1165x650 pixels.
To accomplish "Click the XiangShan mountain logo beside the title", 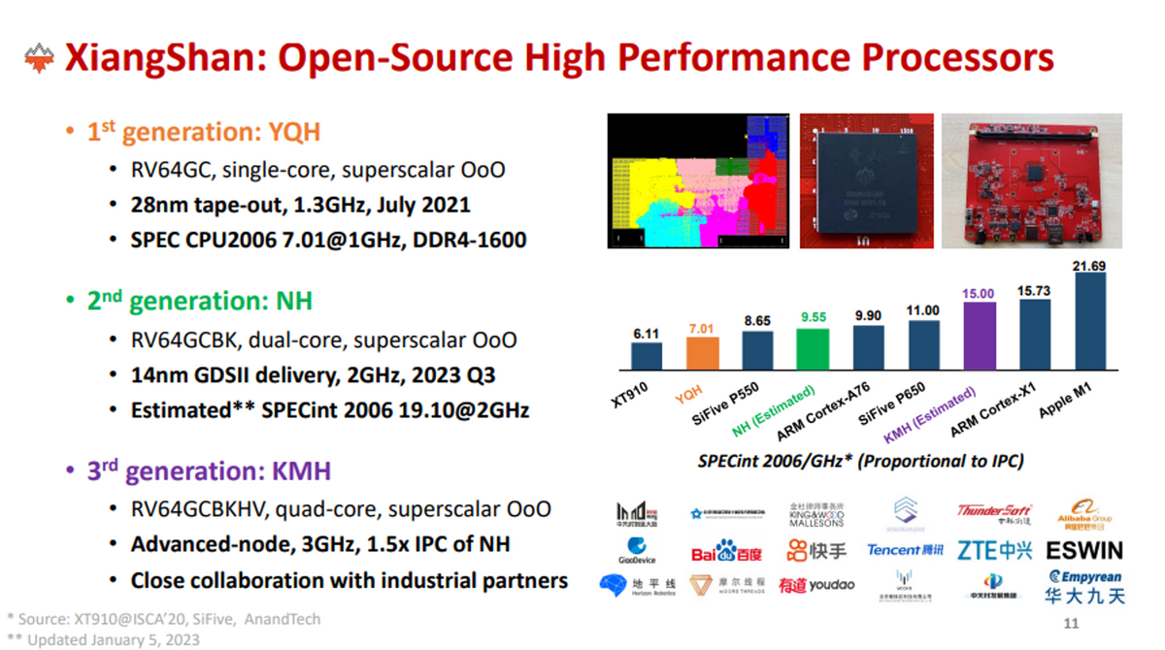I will click(x=39, y=58).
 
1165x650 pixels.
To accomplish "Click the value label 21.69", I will click(x=1089, y=266).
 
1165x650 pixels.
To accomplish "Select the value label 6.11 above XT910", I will click(x=646, y=334).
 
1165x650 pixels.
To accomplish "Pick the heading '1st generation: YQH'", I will click(x=204, y=132).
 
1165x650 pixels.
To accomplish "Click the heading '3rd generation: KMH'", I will click(x=209, y=471).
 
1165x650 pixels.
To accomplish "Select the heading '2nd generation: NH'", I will click(x=200, y=301).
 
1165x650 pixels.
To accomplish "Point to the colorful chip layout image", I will click(x=699, y=181).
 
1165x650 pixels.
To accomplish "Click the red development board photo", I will click(x=1031, y=181).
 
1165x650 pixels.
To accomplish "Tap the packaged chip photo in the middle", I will click(x=866, y=181).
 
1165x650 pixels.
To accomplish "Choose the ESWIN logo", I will click(x=1084, y=551).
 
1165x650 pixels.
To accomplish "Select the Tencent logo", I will click(x=904, y=550).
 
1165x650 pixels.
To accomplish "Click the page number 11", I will click(x=1072, y=623).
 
